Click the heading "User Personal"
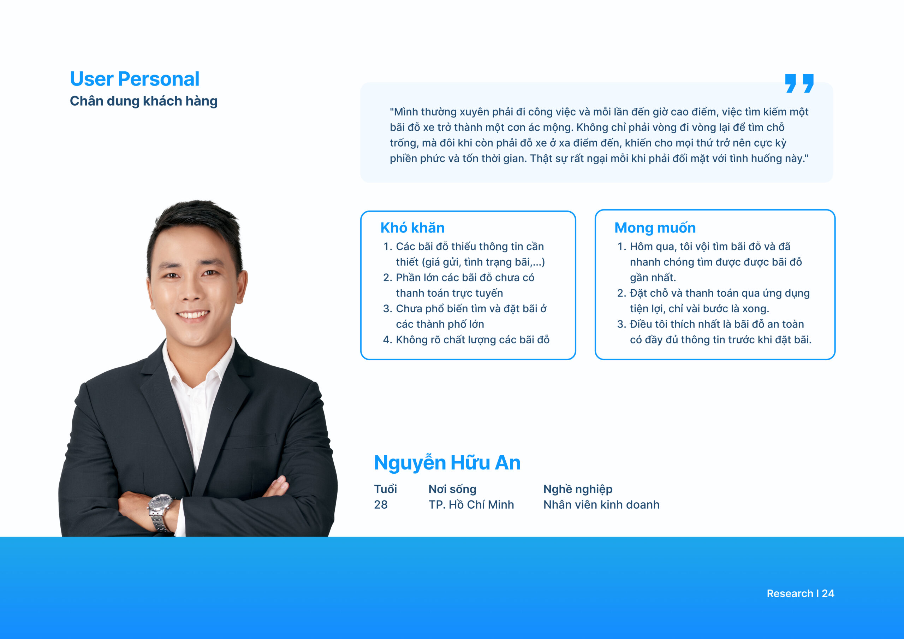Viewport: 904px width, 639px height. pyautogui.click(x=135, y=79)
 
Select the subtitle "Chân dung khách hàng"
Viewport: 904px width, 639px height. pyautogui.click(x=144, y=101)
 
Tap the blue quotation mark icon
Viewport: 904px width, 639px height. pyautogui.click(x=799, y=83)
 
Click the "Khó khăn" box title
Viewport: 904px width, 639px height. pyautogui.click(x=412, y=228)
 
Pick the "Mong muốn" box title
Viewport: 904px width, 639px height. pyautogui.click(x=655, y=228)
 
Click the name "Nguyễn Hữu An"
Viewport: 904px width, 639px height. pyautogui.click(x=447, y=463)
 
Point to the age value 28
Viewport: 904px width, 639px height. pyautogui.click(x=381, y=505)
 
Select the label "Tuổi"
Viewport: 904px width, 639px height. pyautogui.click(x=386, y=489)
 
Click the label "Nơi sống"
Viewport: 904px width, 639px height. pyautogui.click(x=452, y=489)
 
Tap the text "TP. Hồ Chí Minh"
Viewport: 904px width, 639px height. pyautogui.click(x=471, y=505)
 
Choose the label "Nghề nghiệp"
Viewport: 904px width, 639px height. pyautogui.click(x=578, y=489)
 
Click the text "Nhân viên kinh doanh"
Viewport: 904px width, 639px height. pyautogui.click(x=601, y=505)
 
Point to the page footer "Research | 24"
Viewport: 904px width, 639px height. pyautogui.click(x=801, y=594)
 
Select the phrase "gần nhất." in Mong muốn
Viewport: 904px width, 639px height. pyautogui.click(x=653, y=278)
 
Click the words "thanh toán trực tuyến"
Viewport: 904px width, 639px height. pyautogui.click(x=450, y=293)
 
